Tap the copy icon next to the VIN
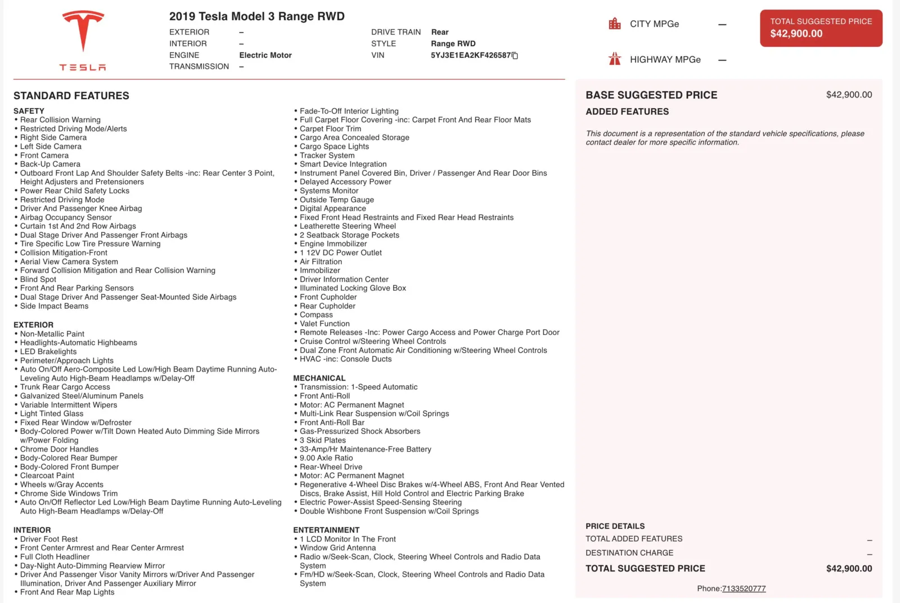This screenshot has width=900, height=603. pyautogui.click(x=515, y=56)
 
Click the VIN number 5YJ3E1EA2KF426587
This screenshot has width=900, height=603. pyautogui.click(x=471, y=55)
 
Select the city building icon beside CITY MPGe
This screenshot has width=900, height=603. pyautogui.click(x=615, y=24)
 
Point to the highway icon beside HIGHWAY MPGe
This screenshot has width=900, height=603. pyautogui.click(x=615, y=59)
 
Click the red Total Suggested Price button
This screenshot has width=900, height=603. pyautogui.click(x=821, y=28)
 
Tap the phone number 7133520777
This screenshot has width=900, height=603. pyautogui.click(x=744, y=588)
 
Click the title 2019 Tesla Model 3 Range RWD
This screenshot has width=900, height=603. pyautogui.click(x=257, y=16)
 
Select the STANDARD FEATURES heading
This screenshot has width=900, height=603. pyautogui.click(x=71, y=96)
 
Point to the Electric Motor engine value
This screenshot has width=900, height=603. pyautogui.click(x=265, y=55)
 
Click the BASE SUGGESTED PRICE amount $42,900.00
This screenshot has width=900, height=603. pyautogui.click(x=849, y=95)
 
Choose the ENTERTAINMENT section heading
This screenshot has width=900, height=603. pyautogui.click(x=326, y=530)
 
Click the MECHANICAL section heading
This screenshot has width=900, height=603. pyautogui.click(x=319, y=378)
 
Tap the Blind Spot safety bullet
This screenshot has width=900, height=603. pyautogui.click(x=38, y=279)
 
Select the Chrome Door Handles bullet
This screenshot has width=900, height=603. pyautogui.click(x=59, y=449)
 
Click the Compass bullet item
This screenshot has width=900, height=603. pyautogui.click(x=316, y=315)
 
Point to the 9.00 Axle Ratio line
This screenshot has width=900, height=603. pyautogui.click(x=326, y=458)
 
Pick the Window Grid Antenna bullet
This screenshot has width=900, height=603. pyautogui.click(x=337, y=548)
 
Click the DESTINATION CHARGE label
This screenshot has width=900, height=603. pyautogui.click(x=629, y=553)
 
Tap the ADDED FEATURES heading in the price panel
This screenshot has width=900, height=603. pyautogui.click(x=627, y=111)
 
